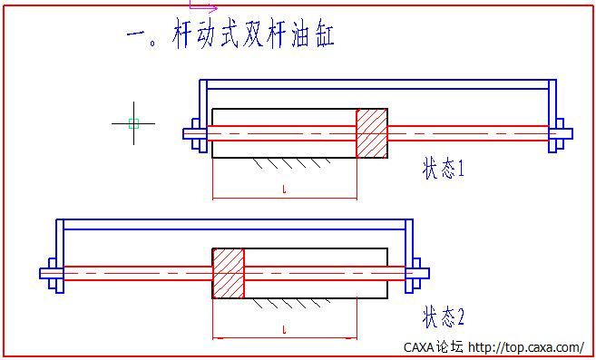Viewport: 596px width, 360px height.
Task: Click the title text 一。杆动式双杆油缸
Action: [231, 35]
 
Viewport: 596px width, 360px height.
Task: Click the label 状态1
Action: [443, 169]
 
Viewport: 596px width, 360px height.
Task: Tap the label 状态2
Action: [443, 316]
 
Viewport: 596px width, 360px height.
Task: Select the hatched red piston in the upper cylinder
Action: [371, 133]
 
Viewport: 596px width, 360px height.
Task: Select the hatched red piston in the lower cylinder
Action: [229, 273]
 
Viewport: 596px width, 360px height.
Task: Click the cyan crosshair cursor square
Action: [133, 122]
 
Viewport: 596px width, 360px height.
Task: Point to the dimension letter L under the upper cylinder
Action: [285, 190]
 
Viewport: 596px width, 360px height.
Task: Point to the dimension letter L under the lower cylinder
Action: [285, 327]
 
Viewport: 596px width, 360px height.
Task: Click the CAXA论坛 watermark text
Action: [433, 346]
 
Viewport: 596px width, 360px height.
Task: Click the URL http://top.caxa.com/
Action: [526, 346]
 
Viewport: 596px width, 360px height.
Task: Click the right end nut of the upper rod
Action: [559, 133]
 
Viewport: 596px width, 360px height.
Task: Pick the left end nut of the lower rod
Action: [51, 273]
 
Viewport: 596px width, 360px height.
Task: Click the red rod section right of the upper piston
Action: [467, 133]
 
